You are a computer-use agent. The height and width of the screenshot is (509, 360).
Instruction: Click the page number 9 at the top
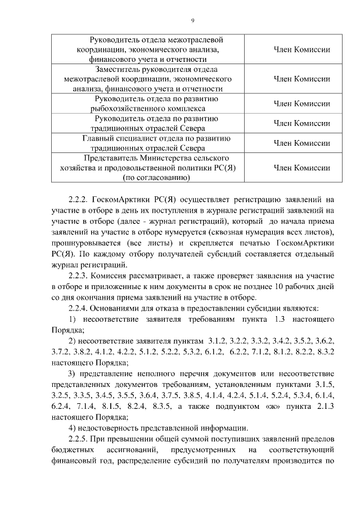pos(192,21)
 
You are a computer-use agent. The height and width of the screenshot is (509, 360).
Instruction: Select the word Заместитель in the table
pos(119,70)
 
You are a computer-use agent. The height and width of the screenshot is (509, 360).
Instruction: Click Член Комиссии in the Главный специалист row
pos(301,143)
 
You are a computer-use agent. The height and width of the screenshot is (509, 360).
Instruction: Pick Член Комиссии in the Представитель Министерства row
pos(301,168)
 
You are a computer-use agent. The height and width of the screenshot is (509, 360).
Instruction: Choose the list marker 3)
pos(71,373)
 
